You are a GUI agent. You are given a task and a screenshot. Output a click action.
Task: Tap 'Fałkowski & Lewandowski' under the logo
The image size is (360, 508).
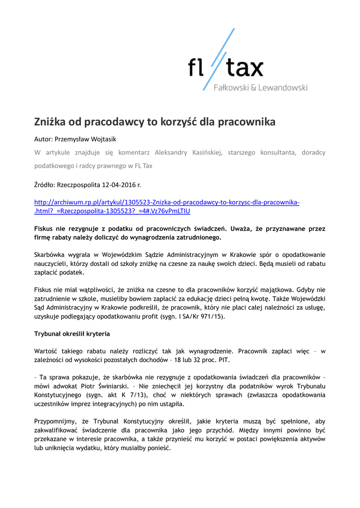260,88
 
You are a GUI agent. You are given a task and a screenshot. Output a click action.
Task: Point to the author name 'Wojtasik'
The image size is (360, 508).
103,139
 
